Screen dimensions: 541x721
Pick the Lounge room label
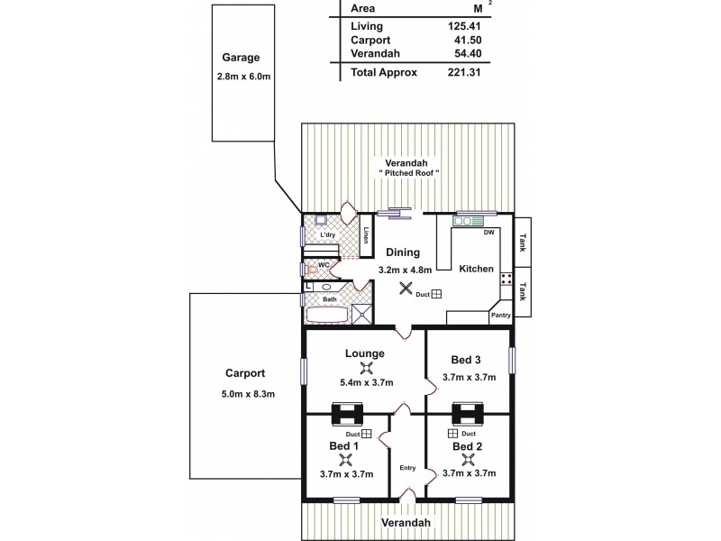pos(365,353)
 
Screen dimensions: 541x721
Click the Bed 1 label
pos(343,446)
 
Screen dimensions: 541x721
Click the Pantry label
pos(500,316)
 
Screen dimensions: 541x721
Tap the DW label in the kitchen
pos(488,234)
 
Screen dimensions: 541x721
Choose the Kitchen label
pos(475,269)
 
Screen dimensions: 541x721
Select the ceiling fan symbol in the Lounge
pos(365,368)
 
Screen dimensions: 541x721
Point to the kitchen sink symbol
pos(469,218)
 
